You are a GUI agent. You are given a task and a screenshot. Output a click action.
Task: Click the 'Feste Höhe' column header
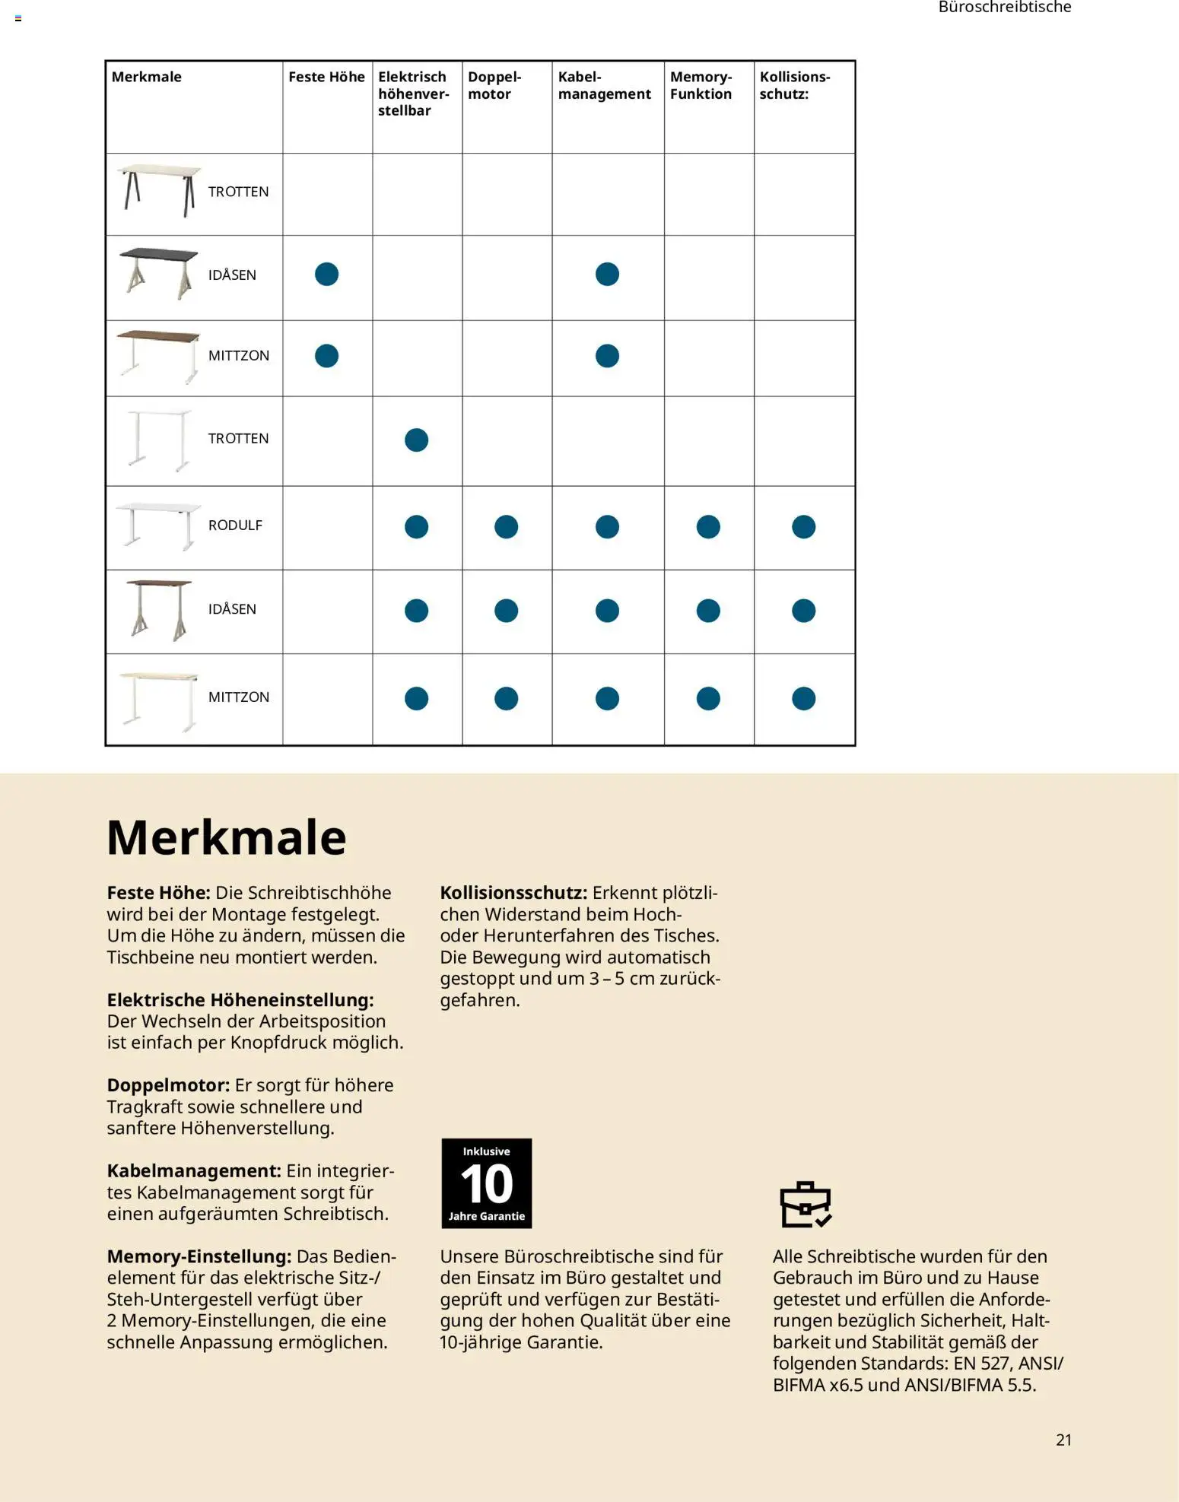326,77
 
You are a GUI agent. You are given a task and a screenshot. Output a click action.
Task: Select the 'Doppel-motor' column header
494,85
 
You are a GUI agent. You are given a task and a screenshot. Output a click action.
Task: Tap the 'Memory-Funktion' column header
701,85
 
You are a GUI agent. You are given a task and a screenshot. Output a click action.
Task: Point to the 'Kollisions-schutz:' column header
794,85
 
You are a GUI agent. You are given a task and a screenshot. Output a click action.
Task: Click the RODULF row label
235,526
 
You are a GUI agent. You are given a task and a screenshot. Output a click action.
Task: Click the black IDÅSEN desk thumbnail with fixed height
158,274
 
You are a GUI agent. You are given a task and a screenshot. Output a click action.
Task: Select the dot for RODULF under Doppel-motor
506,527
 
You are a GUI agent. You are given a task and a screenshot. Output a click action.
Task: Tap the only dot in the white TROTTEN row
416,440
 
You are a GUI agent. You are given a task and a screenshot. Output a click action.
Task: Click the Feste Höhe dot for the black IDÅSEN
326,274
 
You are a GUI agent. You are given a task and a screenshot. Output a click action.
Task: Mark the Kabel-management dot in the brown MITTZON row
607,356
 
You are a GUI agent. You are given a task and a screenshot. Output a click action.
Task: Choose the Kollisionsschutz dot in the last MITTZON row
803,698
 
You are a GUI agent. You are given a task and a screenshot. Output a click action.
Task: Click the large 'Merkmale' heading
226,837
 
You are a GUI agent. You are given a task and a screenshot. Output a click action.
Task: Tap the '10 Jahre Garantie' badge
486,1183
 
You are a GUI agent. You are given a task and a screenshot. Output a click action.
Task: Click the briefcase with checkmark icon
806,1204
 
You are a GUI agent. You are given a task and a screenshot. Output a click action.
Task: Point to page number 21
1063,1440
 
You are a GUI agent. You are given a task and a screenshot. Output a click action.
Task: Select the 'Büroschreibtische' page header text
1004,8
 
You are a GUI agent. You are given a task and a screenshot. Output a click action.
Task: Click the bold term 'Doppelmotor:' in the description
168,1085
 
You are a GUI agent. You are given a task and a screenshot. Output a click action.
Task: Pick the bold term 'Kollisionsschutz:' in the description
513,893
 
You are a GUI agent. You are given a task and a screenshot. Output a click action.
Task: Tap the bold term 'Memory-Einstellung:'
199,1256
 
